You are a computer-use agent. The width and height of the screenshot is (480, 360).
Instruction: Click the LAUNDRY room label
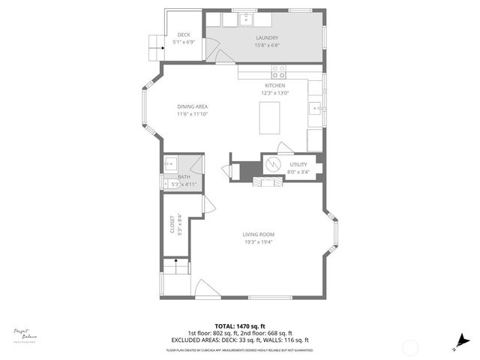266,38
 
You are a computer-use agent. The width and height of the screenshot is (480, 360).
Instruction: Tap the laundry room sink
247,18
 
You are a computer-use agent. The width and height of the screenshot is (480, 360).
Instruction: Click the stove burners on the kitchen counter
278,72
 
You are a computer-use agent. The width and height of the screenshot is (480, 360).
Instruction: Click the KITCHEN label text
274,86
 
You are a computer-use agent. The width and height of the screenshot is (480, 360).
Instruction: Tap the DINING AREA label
192,106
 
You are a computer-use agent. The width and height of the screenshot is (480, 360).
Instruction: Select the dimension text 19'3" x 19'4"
258,241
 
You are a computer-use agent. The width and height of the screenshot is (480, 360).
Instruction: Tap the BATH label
184,177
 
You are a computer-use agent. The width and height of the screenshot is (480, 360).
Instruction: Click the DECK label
184,35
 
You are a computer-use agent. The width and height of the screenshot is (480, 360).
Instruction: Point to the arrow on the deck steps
155,44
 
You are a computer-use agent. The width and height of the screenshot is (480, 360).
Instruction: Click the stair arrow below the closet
175,262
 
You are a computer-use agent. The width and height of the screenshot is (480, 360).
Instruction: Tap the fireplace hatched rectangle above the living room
266,182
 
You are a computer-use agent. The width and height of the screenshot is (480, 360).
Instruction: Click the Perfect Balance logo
25,334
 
